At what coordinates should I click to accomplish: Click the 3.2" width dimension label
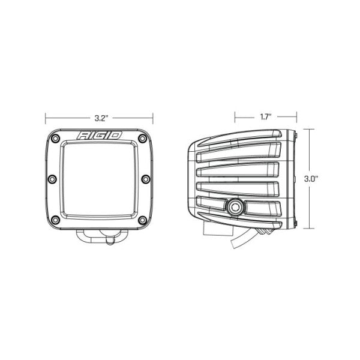[101, 118]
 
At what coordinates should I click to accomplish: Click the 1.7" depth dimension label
[266, 117]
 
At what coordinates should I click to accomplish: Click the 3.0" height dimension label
[311, 179]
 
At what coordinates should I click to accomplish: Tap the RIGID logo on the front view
[99, 136]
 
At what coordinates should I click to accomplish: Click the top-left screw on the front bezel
[55, 139]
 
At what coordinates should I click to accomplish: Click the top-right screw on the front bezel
[143, 139]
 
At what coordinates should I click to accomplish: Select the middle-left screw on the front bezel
[52, 179]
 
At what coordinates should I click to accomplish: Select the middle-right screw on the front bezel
[146, 179]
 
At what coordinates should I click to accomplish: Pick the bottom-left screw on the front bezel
[55, 220]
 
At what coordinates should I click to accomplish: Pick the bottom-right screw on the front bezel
[143, 220]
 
